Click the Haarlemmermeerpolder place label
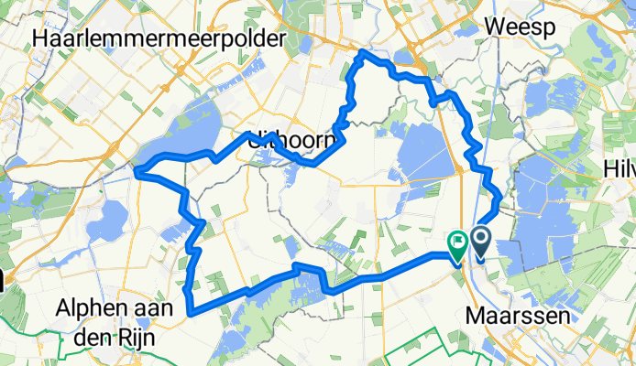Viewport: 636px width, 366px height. point(159,38)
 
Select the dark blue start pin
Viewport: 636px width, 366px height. point(480,242)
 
